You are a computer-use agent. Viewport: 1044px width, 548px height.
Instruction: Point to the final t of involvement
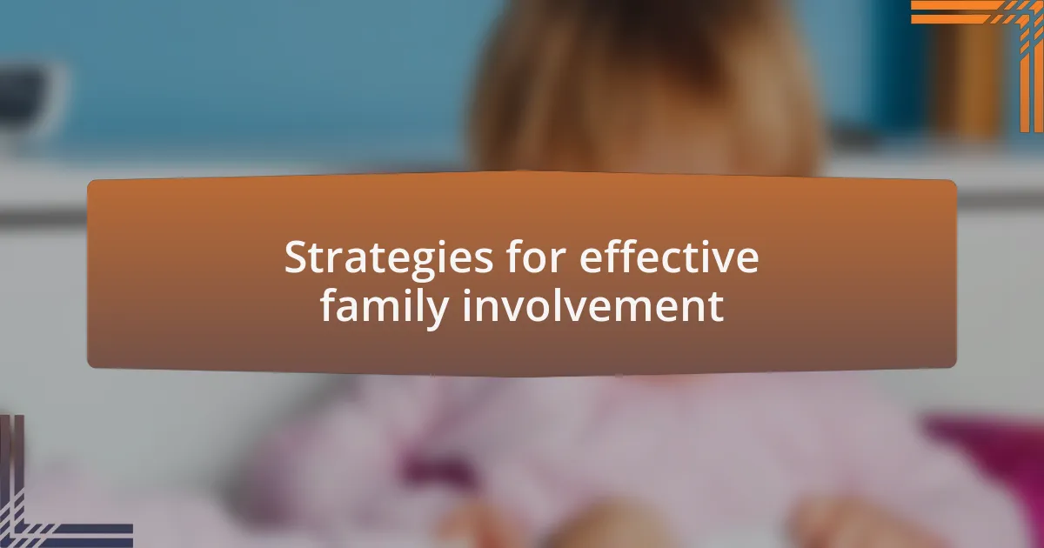pyautogui.click(x=716, y=307)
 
